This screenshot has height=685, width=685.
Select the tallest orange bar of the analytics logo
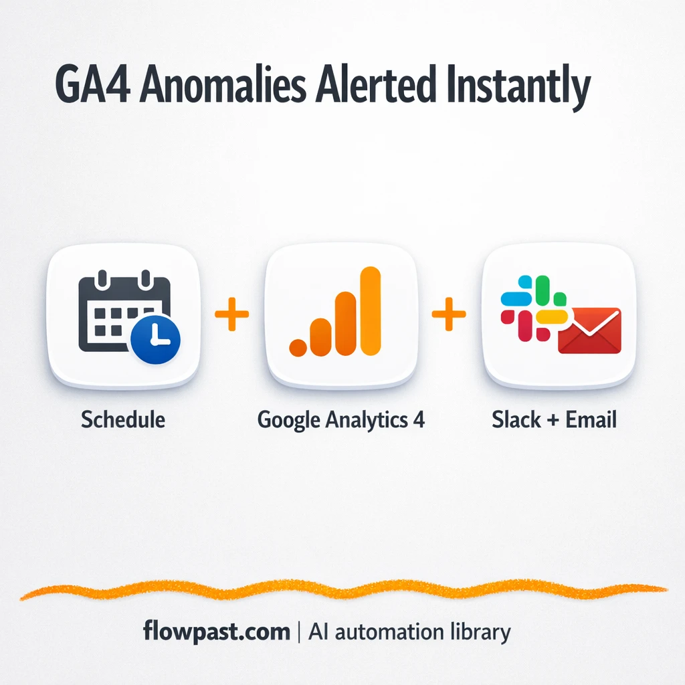[369, 310]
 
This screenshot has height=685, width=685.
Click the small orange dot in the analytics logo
[297, 347]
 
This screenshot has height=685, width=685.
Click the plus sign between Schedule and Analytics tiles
[231, 314]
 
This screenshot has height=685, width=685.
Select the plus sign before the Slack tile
[449, 314]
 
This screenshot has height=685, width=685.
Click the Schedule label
[123, 420]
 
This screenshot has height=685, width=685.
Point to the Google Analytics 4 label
[341, 421]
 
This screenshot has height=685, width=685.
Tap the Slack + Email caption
[554, 420]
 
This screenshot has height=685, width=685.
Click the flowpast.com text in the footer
[217, 631]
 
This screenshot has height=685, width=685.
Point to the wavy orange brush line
[342, 590]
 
